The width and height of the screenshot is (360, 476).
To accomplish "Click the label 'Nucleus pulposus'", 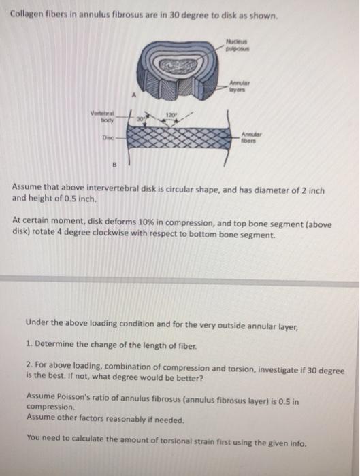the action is point(238,45).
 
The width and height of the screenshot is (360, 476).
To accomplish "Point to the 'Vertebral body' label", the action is point(102,117).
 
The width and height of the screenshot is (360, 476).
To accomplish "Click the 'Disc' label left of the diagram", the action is point(108,138).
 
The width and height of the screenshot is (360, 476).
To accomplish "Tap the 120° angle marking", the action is point(170,115).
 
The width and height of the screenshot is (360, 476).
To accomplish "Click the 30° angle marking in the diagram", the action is point(139,119).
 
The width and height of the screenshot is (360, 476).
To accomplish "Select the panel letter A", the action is point(132,95).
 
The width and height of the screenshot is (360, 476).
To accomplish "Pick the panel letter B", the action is point(114,165).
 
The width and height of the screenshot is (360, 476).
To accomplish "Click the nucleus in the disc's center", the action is point(178,65).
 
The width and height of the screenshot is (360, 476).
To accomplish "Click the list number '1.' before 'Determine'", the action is point(29,344).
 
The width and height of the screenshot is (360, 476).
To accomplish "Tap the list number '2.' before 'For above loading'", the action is point(30,365).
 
